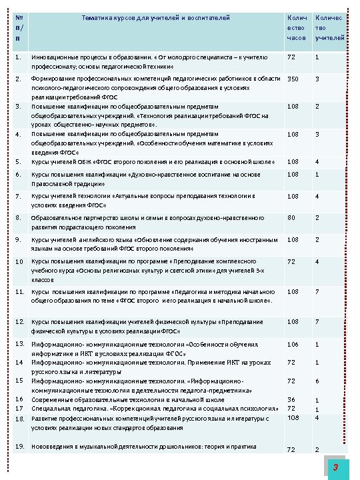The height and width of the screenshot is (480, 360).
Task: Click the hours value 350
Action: pyautogui.click(x=293, y=79)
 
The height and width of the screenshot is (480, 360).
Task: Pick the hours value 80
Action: pyautogui.click(x=291, y=217)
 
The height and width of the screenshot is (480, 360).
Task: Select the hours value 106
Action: pyautogui.click(x=293, y=345)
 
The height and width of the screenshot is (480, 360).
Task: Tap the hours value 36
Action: pyautogui.click(x=291, y=400)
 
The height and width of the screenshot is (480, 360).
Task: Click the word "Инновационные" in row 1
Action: pyautogui.click(x=55, y=58)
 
